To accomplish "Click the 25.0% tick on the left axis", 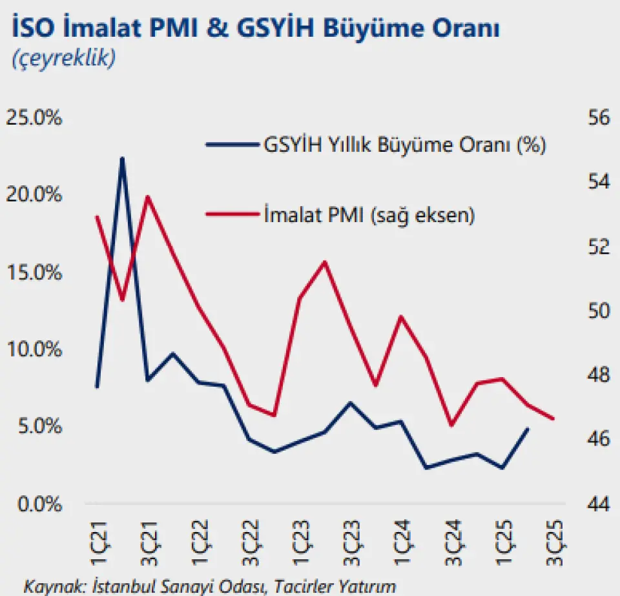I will tap(34, 119).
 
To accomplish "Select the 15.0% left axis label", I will tap(34, 273).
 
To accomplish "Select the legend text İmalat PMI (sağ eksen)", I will tap(369, 214).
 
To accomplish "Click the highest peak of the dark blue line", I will tap(122, 158).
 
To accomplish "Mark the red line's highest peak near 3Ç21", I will tap(147, 196).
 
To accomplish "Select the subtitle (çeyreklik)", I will tap(63, 58).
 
